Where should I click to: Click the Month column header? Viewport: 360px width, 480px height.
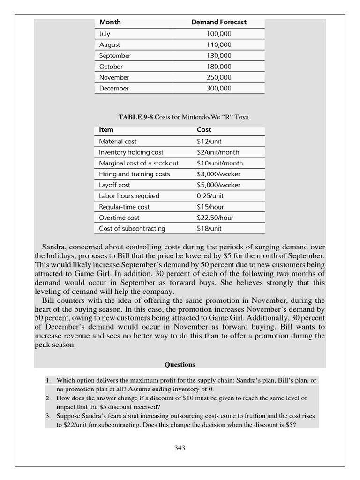(110, 22)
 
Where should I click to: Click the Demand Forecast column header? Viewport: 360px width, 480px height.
(219, 22)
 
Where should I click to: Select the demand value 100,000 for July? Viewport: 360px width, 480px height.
(219, 34)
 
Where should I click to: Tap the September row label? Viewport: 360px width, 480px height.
(115, 56)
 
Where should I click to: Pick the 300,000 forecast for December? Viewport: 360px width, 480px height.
(219, 88)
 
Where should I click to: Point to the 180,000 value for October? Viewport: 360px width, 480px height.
(219, 67)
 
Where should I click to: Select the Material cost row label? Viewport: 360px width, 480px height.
(118, 141)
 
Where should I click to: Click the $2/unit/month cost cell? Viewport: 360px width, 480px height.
(217, 152)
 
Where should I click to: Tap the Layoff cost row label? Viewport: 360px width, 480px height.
(114, 185)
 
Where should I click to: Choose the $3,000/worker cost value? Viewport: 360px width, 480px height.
(218, 174)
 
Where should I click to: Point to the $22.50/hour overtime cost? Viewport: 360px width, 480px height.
(215, 217)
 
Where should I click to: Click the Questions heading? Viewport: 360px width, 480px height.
(180, 364)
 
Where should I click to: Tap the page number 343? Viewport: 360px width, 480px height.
(180, 448)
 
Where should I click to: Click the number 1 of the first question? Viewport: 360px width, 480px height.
(48, 380)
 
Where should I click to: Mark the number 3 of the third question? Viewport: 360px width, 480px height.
(48, 416)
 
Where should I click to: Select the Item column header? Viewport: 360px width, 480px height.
(106, 130)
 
